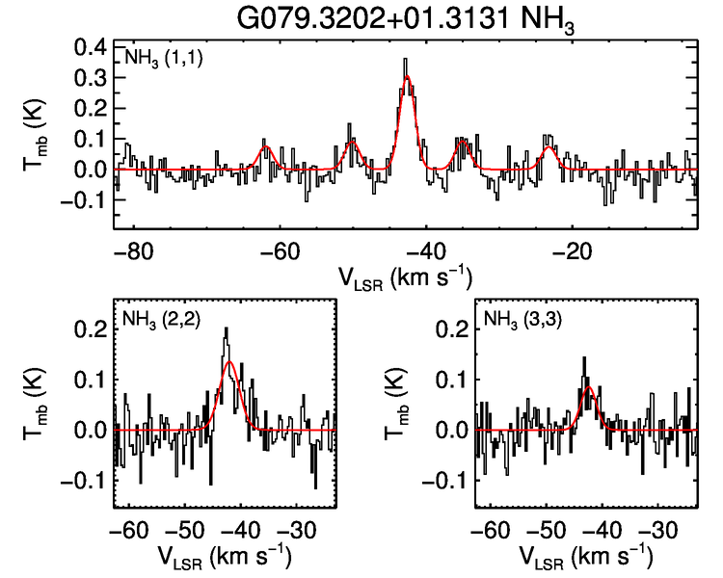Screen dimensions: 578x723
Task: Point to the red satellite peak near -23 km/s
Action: pos(548,147)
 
